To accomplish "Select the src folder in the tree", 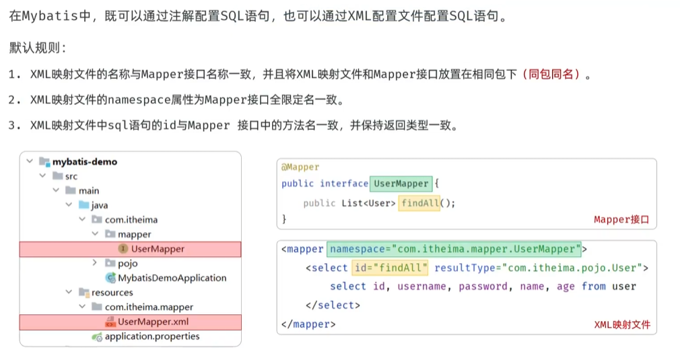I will pos(71,176).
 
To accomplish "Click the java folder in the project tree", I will pos(99,205).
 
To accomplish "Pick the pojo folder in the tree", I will pos(127,263).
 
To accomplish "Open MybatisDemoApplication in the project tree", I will pos(172,278).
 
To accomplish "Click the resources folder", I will pos(112,293).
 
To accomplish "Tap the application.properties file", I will pos(152,336).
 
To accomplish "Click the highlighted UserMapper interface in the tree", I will pos(158,249).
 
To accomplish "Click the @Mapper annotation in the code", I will pos(300,167).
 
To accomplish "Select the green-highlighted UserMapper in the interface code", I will pos(401,184).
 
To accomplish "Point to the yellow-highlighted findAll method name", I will pos(419,203).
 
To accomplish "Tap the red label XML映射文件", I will pos(622,324).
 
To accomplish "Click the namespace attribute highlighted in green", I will pos(454,249).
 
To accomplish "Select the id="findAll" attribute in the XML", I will pos(391,268).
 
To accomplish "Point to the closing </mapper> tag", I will pos(308,324).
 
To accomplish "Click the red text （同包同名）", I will pos(551,75).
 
